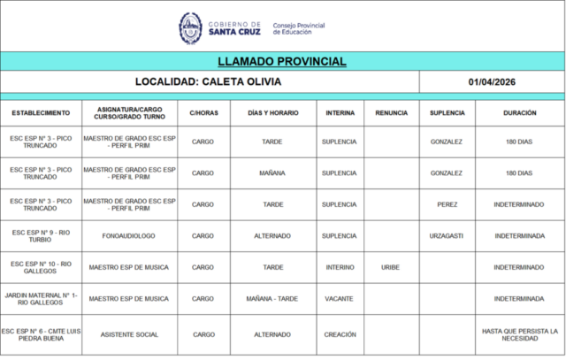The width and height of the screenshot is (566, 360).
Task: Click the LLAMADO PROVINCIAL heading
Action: coord(281,61)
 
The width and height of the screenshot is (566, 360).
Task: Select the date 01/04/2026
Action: coord(492,81)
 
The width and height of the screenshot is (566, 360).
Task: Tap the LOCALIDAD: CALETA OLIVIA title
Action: coord(209,81)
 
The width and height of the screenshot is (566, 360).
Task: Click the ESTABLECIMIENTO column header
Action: coord(41,113)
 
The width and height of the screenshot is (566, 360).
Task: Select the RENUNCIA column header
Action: coord(391,113)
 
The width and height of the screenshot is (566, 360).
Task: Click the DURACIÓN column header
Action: coord(519,113)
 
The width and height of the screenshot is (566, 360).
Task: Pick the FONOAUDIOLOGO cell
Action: coord(128,236)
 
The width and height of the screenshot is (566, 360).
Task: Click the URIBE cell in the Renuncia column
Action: coord(391,267)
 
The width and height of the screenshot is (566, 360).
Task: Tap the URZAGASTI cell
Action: coord(447,236)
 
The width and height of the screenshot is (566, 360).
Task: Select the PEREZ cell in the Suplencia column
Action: coord(447,204)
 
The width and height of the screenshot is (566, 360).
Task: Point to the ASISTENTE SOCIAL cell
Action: coord(128,334)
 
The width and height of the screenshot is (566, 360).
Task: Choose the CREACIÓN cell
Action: coord(340,334)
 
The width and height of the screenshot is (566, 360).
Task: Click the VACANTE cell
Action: coord(340,299)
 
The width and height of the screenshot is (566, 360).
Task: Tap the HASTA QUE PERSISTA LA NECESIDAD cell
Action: coord(519,334)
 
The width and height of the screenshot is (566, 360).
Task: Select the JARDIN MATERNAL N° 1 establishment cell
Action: coord(41,299)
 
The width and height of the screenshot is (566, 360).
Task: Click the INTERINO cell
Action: coord(340,267)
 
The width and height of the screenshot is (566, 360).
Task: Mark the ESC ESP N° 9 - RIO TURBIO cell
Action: coord(41,236)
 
